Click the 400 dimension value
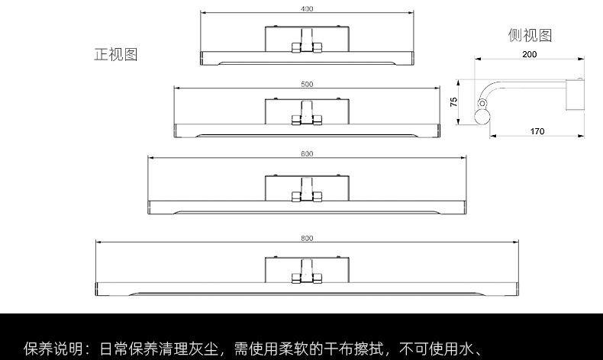pyautogui.click(x=307, y=9)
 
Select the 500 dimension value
pyautogui.click(x=307, y=84)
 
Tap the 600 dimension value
pyautogui.click(x=307, y=154)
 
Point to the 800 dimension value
pyautogui.click(x=307, y=238)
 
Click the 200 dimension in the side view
pyautogui.click(x=529, y=54)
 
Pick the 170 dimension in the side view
pyautogui.click(x=537, y=132)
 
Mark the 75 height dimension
pyautogui.click(x=453, y=101)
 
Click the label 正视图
pyautogui.click(x=115, y=55)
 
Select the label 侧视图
pyautogui.click(x=530, y=35)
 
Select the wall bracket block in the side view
pyautogui.click(x=575, y=95)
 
